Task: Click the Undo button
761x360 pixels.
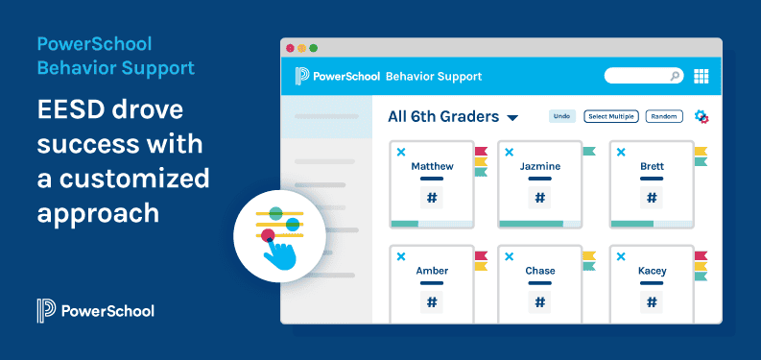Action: (x=562, y=116)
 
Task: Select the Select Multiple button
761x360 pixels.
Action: (x=611, y=116)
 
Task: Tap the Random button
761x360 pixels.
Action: (x=663, y=116)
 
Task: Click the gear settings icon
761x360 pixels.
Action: (x=702, y=116)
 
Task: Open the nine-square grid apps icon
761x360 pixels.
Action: (x=701, y=76)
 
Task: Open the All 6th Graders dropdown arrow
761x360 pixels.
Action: (x=512, y=118)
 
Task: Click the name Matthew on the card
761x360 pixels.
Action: (x=432, y=166)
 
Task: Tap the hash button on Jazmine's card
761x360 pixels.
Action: (x=539, y=198)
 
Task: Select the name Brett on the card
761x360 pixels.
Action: (x=652, y=166)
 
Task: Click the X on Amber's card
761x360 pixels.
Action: (x=401, y=256)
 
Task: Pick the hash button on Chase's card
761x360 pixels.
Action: (x=539, y=302)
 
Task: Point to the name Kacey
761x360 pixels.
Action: (x=652, y=271)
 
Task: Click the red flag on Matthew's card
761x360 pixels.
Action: (x=481, y=151)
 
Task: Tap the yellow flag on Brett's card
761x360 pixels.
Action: (x=701, y=151)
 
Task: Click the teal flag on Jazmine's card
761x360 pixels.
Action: (x=588, y=151)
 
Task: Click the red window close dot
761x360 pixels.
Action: (x=289, y=47)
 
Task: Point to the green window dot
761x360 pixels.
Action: (x=313, y=47)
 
